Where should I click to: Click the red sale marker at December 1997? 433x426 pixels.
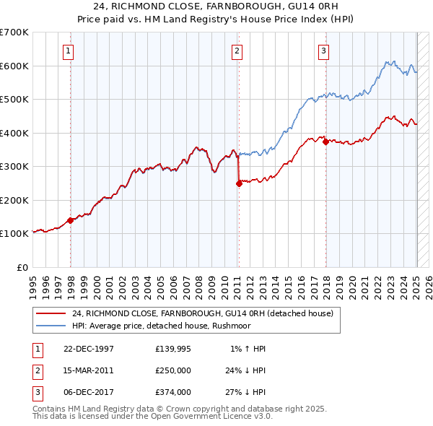[71, 220]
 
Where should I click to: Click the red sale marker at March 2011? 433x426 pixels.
[238, 183]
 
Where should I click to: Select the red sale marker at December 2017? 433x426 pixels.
[325, 142]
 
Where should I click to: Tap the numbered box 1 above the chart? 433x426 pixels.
[67, 51]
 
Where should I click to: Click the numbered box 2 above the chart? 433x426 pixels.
[237, 51]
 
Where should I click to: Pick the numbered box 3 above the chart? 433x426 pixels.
[324, 51]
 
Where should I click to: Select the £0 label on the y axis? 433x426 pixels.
[23, 267]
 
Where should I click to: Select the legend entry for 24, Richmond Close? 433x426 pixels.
[202, 313]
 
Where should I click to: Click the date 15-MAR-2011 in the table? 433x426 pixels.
[89, 370]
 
